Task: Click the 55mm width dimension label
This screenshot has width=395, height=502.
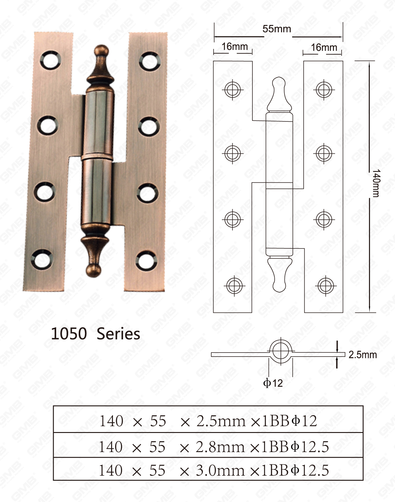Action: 276,29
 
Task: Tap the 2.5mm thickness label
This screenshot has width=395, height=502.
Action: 363,355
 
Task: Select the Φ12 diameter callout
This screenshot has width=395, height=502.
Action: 273,383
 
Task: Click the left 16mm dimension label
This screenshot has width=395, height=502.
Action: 235,47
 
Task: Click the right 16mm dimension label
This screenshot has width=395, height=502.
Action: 324,48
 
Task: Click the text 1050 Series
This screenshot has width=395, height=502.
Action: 95,334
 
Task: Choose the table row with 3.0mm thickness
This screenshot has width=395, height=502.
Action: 208,470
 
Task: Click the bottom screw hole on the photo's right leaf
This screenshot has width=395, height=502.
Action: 146,259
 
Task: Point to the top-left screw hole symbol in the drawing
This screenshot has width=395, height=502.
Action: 232,90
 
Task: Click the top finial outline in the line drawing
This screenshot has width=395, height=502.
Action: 279,94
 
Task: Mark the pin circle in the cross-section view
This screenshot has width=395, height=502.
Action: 281,351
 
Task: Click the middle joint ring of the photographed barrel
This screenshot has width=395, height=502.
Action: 97,157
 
